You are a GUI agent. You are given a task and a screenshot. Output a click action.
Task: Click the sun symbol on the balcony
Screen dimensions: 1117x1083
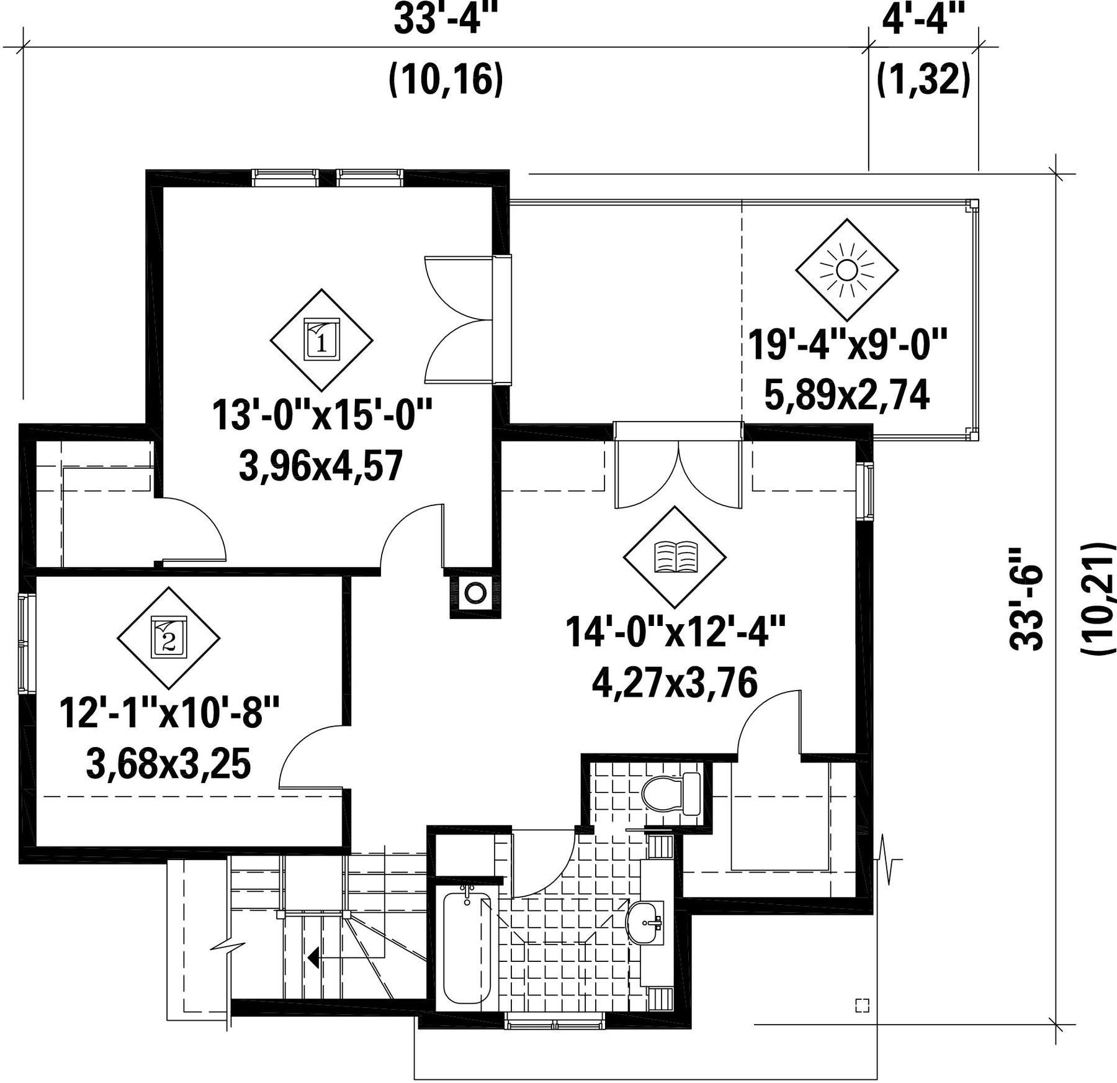click(x=846, y=270)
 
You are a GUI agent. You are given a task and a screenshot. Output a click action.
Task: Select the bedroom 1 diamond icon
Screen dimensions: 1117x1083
click(x=321, y=340)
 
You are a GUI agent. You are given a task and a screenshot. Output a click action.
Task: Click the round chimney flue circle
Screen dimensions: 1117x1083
click(x=475, y=593)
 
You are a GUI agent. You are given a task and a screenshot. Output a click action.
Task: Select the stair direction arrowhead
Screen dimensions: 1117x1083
click(x=314, y=958)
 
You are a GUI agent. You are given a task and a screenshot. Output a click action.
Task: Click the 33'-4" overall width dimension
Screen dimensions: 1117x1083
click(x=446, y=20)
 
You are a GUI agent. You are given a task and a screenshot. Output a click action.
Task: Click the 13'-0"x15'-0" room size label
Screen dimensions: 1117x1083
click(x=321, y=415)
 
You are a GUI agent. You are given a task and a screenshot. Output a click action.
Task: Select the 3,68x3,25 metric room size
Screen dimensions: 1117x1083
click(x=168, y=764)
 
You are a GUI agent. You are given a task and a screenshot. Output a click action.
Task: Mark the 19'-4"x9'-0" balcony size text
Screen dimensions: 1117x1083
click(x=847, y=345)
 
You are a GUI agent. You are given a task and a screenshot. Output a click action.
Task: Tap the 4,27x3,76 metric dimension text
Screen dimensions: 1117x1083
click(x=675, y=683)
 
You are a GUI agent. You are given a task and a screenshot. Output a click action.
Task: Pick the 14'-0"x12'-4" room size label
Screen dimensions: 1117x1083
click(x=675, y=632)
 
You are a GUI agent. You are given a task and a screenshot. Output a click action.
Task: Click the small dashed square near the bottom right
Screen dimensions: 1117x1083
click(x=862, y=1005)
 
